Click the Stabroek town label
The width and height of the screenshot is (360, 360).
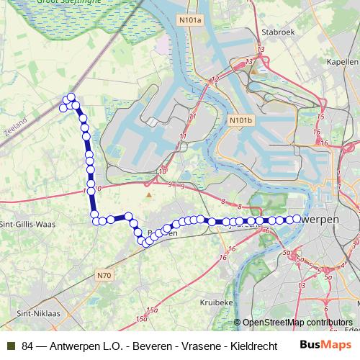pyautogui.click(x=274, y=32)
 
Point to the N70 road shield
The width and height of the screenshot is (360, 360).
pyautogui.click(x=104, y=274)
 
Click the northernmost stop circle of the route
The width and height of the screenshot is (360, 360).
pyautogui.click(x=71, y=97)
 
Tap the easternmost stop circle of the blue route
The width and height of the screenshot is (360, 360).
pyautogui.click(x=297, y=218)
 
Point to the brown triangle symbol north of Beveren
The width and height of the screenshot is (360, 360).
pyautogui.click(x=149, y=194)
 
